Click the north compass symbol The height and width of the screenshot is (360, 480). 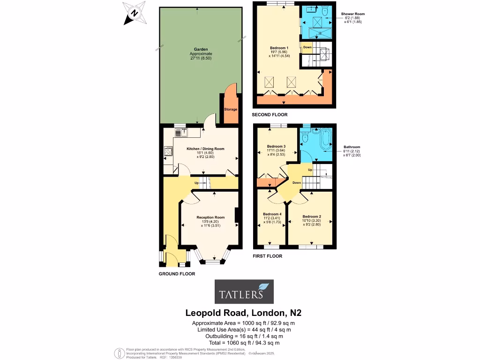134,13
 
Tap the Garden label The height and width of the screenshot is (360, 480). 201,49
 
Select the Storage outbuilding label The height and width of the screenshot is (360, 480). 231,109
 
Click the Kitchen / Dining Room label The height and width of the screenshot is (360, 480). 205,149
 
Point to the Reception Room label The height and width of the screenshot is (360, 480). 210,217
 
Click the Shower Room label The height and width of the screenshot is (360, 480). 353,14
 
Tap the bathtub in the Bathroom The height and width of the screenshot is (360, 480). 325,139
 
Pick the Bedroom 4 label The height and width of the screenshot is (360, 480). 272,214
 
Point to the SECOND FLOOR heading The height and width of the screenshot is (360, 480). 270,114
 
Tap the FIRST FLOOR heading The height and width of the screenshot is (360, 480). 267,256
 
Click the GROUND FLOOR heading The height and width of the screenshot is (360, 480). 177,274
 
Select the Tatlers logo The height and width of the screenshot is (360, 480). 244,292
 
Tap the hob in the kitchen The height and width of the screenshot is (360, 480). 168,151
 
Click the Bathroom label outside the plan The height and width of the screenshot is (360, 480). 352,146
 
